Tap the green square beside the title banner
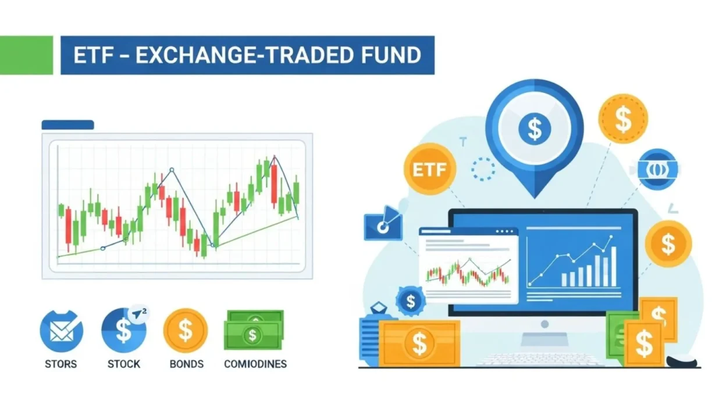pyautogui.click(x=26, y=55)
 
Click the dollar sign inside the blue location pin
pyautogui.click(x=534, y=128)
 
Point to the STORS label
pyautogui.click(x=61, y=364)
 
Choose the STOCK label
pyautogui.click(x=124, y=364)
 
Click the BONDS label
pyautogui.click(x=186, y=364)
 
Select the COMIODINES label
pyautogui.click(x=255, y=364)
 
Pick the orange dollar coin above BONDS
pyautogui.click(x=186, y=330)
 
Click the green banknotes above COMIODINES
pyautogui.click(x=254, y=330)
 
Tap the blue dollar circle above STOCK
pyautogui.click(x=124, y=330)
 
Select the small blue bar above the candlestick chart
pyautogui.click(x=67, y=124)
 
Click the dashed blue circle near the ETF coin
pyautogui.click(x=483, y=169)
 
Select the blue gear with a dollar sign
pyautogui.click(x=411, y=301)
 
